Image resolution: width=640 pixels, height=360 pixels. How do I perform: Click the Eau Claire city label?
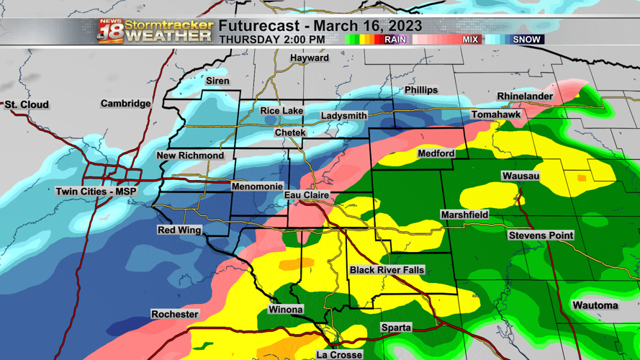(x=307, y=195)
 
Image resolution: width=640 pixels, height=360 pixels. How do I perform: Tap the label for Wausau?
(x=520, y=176)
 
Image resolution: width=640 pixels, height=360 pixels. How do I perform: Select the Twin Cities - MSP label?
(x=96, y=192)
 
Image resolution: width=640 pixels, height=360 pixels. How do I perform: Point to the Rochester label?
(x=174, y=315)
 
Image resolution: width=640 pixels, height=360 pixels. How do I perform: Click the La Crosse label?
(x=339, y=354)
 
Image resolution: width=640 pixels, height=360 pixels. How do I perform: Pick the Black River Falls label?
(x=387, y=270)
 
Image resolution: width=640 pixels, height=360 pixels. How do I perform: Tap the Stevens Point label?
(x=541, y=235)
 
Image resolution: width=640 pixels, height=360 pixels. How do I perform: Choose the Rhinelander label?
(x=525, y=96)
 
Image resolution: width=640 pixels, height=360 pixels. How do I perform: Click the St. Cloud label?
(x=27, y=105)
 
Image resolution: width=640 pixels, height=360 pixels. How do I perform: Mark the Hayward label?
(x=310, y=58)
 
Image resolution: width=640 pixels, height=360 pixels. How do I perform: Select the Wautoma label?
(x=595, y=305)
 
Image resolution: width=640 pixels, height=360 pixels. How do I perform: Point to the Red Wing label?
(x=179, y=230)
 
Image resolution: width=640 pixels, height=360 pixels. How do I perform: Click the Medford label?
(x=436, y=153)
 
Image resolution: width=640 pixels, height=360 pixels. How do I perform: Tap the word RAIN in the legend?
(x=395, y=40)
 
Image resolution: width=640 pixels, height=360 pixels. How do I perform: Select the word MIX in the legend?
(x=470, y=40)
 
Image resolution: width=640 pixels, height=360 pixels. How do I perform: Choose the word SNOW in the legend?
(x=526, y=40)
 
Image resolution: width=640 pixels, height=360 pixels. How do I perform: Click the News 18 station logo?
(x=110, y=32)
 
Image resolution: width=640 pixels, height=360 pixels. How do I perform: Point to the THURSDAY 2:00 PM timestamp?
(x=271, y=40)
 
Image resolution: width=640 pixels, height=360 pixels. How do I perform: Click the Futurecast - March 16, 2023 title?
(x=320, y=26)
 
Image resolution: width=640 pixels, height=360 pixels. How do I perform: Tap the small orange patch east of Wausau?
(x=582, y=177)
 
